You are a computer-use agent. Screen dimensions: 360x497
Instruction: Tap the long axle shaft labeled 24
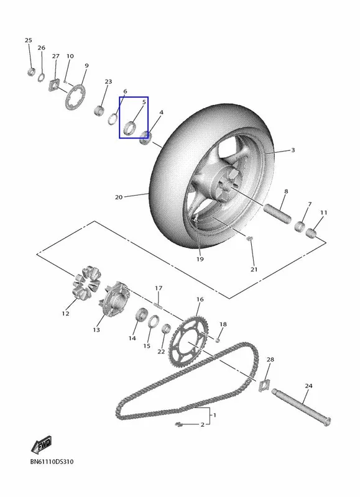[301, 407]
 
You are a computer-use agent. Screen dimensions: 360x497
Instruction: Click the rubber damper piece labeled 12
[86, 283]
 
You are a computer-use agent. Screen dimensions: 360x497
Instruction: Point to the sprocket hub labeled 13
[114, 299]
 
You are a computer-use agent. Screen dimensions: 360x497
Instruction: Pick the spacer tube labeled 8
[277, 214]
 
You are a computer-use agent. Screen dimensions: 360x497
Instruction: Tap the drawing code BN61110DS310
[52, 462]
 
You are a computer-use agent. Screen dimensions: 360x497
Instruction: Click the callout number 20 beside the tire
[119, 197]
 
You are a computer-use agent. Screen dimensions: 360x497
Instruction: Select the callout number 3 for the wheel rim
[293, 150]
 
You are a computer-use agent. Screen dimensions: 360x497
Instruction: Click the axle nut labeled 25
[30, 72]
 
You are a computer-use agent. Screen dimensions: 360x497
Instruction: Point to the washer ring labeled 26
[41, 77]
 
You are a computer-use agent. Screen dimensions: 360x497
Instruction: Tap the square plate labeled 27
[55, 85]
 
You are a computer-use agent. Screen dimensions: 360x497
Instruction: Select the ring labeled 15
[154, 322]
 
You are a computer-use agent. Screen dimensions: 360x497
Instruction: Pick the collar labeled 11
[311, 234]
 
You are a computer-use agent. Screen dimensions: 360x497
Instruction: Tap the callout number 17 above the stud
[159, 288]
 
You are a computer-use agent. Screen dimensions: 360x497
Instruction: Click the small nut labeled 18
[218, 340]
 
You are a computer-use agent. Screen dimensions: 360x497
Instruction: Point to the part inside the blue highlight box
[130, 127]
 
